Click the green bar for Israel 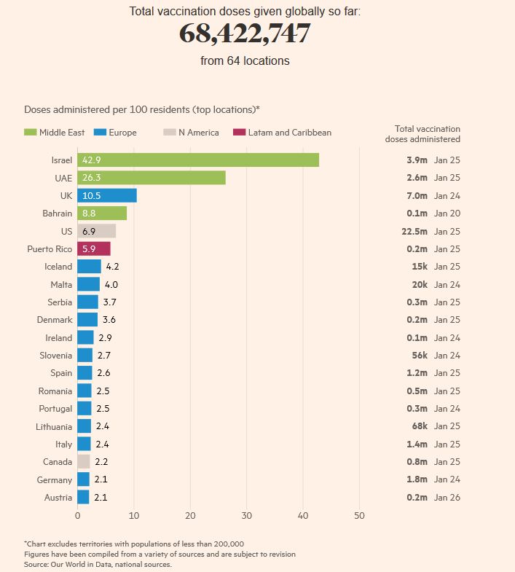pyautogui.click(x=198, y=160)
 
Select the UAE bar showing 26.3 pyautogui.click(x=152, y=178)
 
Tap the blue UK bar pyautogui.click(x=107, y=195)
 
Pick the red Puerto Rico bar pyautogui.click(x=94, y=249)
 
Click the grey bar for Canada pyautogui.click(x=84, y=462)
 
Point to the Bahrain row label pyautogui.click(x=58, y=213)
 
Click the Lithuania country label pyautogui.click(x=55, y=426)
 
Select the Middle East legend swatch pyautogui.click(x=31, y=133)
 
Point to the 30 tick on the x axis pyautogui.click(x=247, y=516)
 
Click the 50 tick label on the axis pyautogui.click(x=359, y=516)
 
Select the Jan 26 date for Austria pyautogui.click(x=447, y=498)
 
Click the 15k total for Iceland pyautogui.click(x=419, y=267)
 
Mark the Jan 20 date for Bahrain pyautogui.click(x=447, y=213)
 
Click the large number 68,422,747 pyautogui.click(x=245, y=34)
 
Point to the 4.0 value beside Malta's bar pyautogui.click(x=111, y=285)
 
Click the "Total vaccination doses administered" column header pyautogui.click(x=427, y=133)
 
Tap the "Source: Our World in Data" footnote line pyautogui.click(x=98, y=564)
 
